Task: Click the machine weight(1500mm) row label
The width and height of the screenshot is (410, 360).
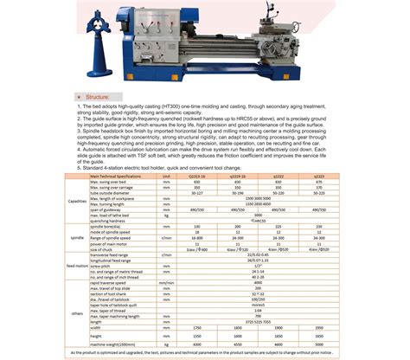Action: click(x=121, y=344)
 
